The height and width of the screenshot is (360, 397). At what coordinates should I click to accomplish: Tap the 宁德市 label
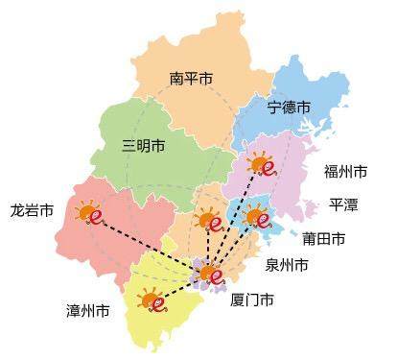click(x=290, y=106)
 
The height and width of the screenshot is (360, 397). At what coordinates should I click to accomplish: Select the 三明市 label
click(x=144, y=146)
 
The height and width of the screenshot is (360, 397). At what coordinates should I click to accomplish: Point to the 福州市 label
click(x=345, y=172)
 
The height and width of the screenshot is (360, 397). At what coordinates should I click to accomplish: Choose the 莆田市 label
click(x=324, y=237)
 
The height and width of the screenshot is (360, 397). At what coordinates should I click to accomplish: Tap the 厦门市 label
click(x=253, y=300)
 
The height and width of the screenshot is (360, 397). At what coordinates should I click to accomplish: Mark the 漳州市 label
click(x=88, y=310)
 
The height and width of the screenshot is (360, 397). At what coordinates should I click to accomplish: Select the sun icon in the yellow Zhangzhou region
click(x=153, y=301)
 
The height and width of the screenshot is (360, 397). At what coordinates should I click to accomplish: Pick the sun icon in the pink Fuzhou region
click(x=261, y=165)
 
